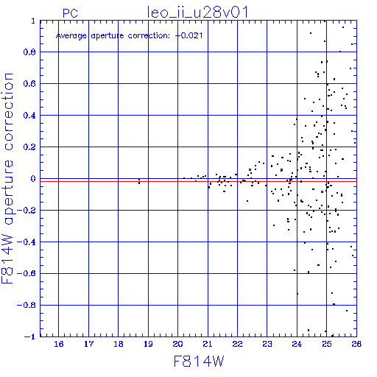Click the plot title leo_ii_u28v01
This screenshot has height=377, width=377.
197,13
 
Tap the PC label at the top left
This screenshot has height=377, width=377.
70,13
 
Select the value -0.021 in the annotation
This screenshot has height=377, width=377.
188,35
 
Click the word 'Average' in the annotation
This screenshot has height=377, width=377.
71,36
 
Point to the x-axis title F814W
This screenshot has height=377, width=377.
199,362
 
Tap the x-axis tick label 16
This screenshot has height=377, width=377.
59,344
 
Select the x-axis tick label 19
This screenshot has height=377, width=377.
148,344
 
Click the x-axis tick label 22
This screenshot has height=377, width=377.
237,344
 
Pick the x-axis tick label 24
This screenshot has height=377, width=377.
297,344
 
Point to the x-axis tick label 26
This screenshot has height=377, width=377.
356,344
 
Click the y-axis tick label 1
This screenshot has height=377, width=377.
33,21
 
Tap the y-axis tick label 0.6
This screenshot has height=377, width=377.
29,84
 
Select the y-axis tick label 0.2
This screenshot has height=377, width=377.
29,147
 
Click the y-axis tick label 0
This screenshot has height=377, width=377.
33,179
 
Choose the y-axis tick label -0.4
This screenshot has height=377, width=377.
27,242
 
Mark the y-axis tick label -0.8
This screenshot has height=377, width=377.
27,305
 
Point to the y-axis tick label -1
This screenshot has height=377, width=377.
30,337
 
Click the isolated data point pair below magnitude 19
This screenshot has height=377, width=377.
139,181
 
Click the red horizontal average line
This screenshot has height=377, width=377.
198,181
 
